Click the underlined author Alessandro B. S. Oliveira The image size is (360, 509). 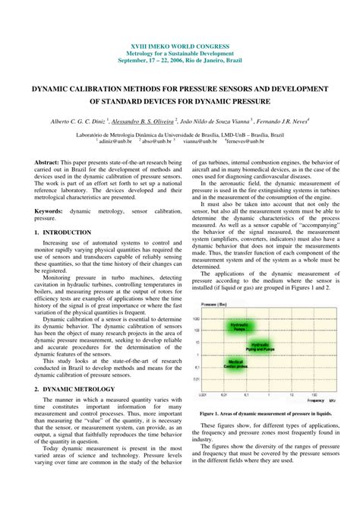click(x=143, y=120)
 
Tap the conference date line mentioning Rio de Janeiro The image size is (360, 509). click(x=180, y=62)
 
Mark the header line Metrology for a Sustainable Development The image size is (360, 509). click(x=180, y=54)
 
